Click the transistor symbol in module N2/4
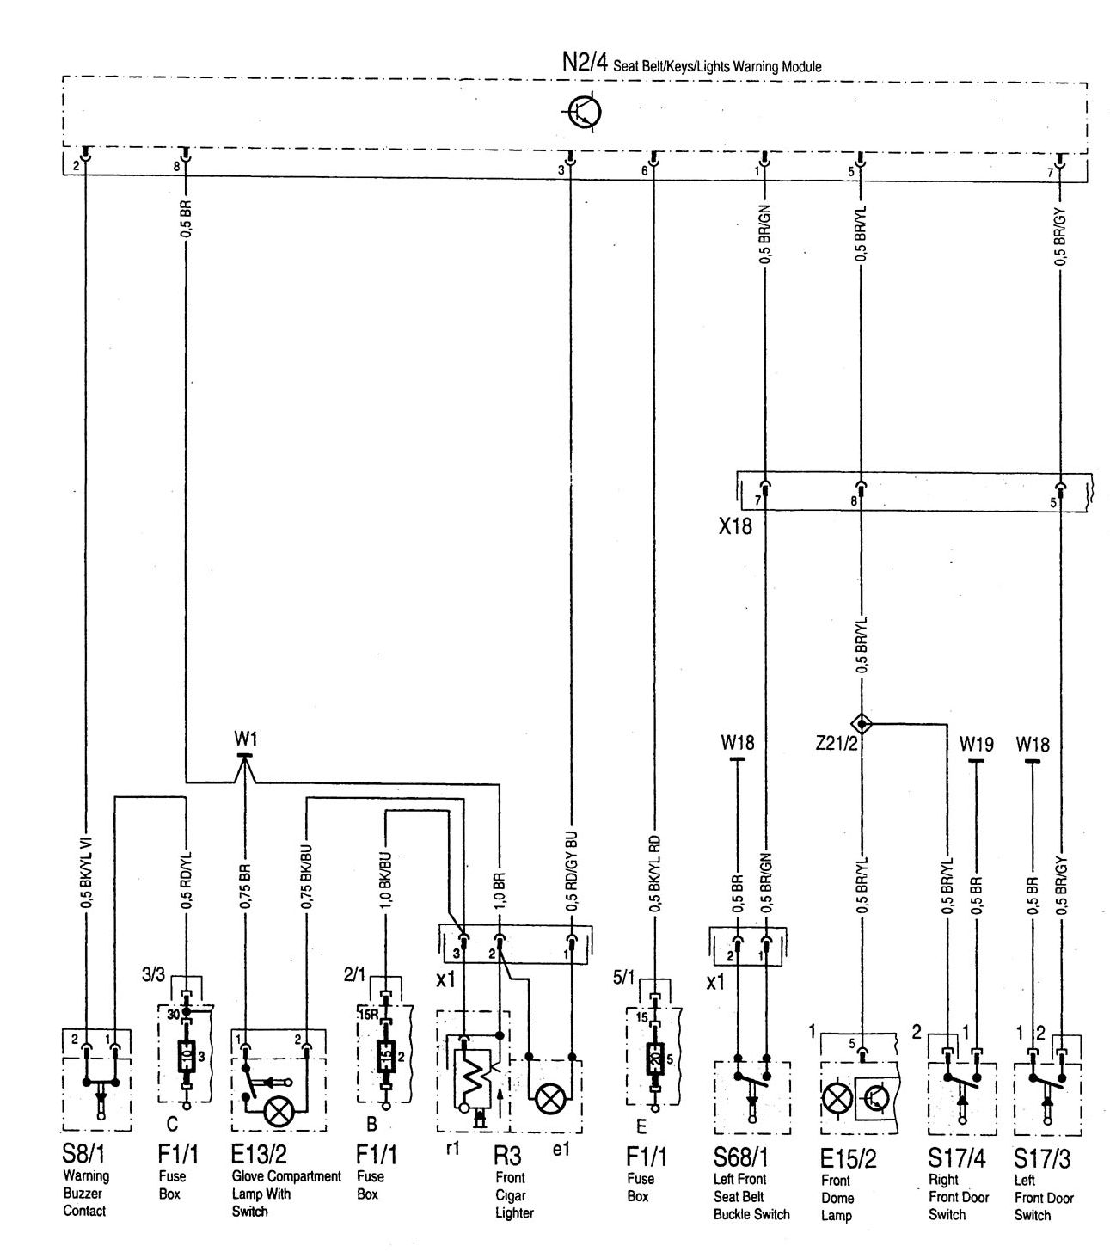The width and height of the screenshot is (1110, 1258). click(586, 113)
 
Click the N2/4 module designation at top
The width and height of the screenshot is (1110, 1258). click(585, 64)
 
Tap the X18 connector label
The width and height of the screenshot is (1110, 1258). click(735, 526)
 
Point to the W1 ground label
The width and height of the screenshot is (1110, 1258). click(245, 739)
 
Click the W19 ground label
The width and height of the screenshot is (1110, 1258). click(976, 744)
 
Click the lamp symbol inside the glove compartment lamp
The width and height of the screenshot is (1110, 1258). click(277, 1112)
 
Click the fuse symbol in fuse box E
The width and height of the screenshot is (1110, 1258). click(654, 1055)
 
